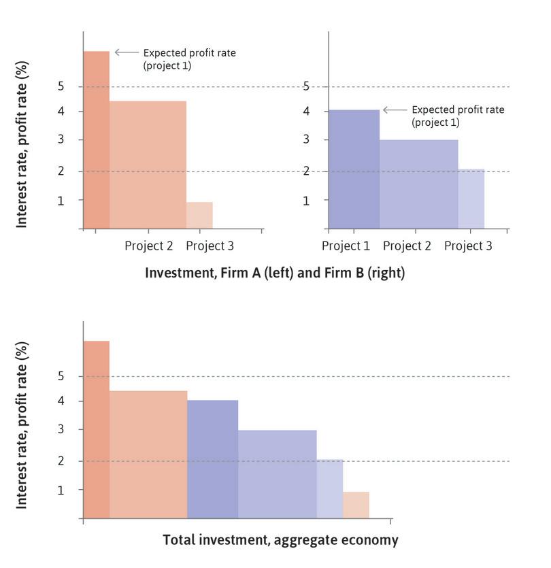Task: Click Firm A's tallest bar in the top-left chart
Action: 96,139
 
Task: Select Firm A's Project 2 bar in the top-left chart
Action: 148,165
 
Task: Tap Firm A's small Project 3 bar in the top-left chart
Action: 199,216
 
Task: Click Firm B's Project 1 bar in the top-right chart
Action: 354,169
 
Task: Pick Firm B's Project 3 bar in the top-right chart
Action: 471,199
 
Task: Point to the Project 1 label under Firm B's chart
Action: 346,246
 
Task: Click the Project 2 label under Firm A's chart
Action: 149,246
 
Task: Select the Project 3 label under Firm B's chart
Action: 468,246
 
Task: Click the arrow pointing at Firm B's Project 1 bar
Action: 395,110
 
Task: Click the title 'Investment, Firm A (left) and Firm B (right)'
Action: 274,273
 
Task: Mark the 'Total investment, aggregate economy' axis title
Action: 280,540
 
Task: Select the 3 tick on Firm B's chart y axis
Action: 306,140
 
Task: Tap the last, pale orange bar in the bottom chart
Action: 356,505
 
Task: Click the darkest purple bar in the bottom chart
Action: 212,459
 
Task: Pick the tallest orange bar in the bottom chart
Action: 96,429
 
